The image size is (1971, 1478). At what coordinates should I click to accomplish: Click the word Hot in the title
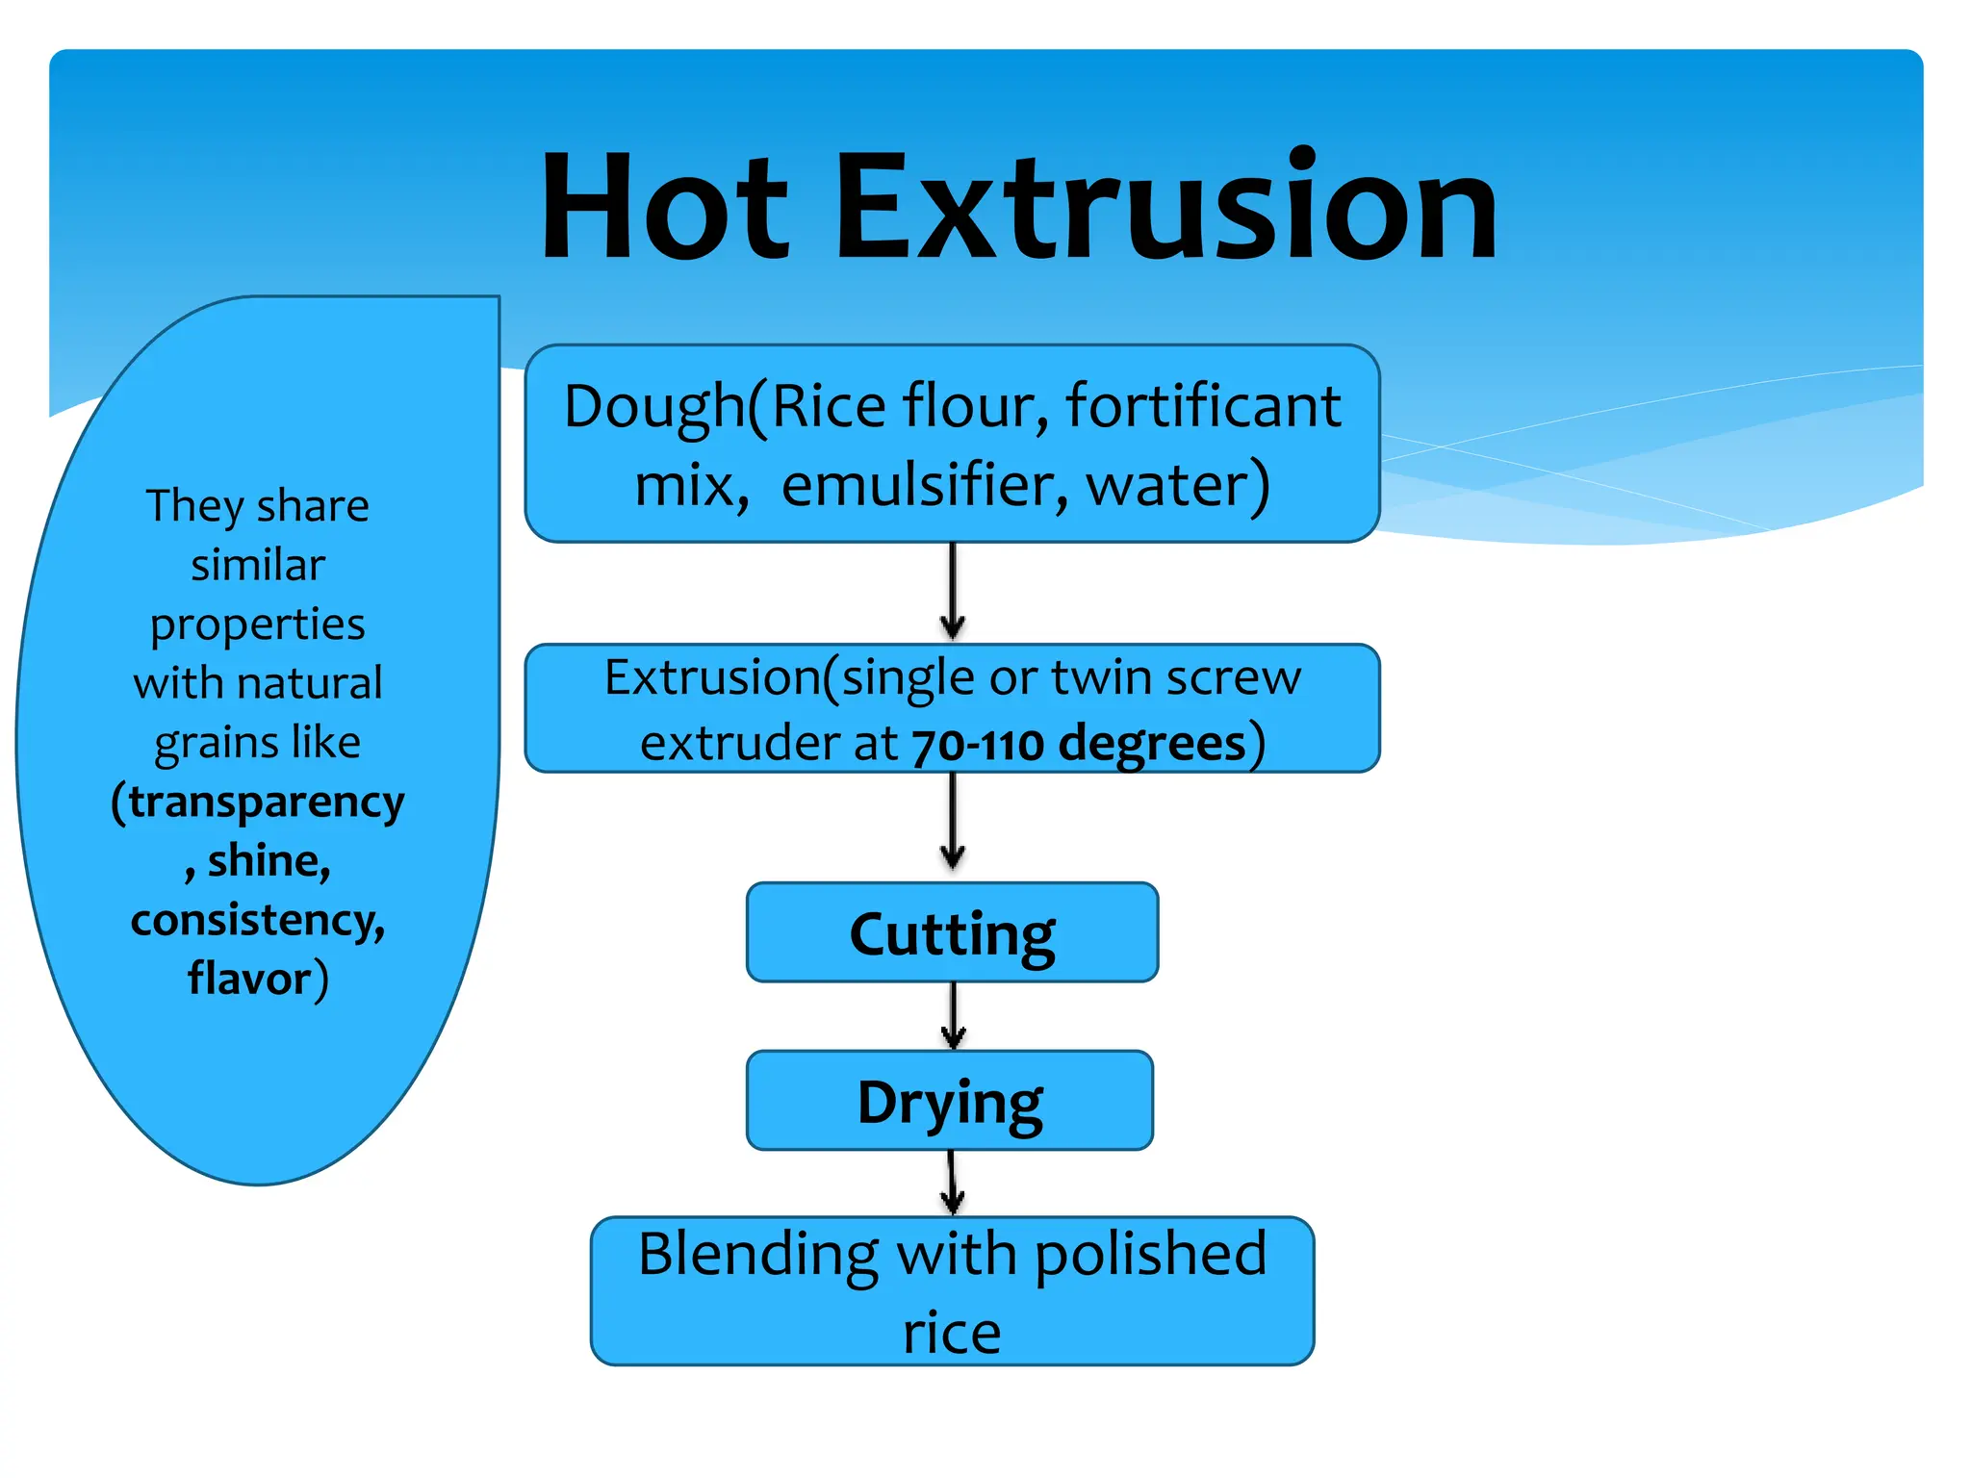pos(664,207)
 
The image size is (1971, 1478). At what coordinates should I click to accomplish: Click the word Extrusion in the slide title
pos(1165,207)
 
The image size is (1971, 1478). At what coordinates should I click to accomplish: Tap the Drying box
pos(950,1101)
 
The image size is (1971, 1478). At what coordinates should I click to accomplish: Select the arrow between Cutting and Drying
pos(953,1016)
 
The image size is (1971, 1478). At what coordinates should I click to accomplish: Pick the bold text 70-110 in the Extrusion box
pos(978,745)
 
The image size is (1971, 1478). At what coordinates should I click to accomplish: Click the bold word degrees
pos(1152,744)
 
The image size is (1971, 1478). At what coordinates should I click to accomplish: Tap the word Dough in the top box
pos(654,407)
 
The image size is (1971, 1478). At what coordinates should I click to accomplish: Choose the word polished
pos(1151,1255)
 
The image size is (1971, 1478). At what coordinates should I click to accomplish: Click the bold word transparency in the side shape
pos(267,803)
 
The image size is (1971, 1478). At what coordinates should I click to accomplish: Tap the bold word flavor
pos(249,979)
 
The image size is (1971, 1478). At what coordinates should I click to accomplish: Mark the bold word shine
pos(267,860)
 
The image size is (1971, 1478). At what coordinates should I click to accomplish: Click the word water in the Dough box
pos(1165,485)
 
